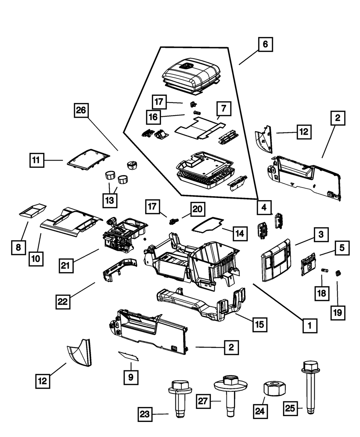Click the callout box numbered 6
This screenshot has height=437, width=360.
pos(265,45)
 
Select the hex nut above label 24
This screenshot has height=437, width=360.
pos(272,388)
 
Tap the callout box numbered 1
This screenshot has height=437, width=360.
pos(309,326)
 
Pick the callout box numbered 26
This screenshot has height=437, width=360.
pos(81,111)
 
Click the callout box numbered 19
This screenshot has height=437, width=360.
pos(338,312)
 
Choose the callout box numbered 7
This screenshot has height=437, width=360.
pos(224,108)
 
